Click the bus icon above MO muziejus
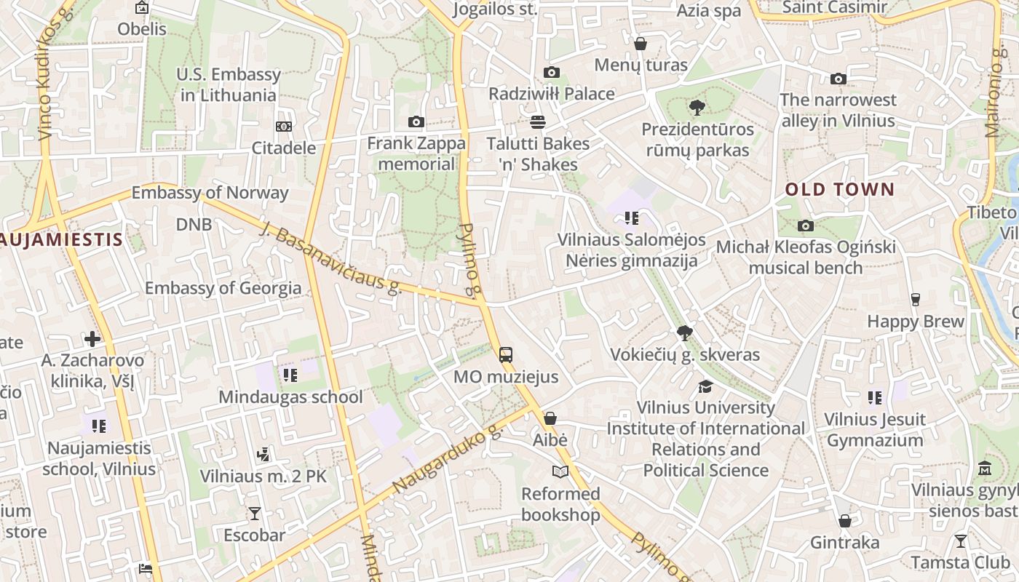coord(506,355)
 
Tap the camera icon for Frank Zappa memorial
coord(416,121)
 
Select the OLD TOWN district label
coord(839,190)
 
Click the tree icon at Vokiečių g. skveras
coord(684,333)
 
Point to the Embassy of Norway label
coord(210,193)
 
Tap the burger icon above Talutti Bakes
coord(538,121)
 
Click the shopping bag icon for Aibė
coord(550,418)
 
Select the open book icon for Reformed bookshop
coord(560,472)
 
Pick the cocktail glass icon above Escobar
coord(254,514)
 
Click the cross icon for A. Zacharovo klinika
coord(92,338)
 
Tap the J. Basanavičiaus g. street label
coord(330,258)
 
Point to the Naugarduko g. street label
coord(448,460)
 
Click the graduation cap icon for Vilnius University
coord(705,386)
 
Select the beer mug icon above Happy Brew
coord(915,300)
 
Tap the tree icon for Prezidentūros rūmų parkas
coord(697,108)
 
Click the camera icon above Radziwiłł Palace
coord(552,72)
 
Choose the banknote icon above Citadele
coord(284,127)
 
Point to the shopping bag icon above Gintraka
coord(844,521)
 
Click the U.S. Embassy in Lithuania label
coord(229,84)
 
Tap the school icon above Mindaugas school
coord(290,375)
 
